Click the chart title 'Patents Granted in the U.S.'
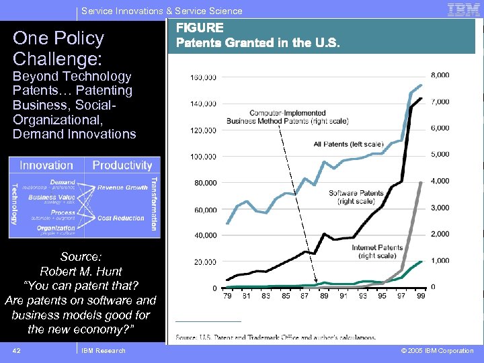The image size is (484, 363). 257,42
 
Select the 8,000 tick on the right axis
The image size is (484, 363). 440,75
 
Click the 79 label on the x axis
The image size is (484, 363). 229,295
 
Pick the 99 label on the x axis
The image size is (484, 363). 421,295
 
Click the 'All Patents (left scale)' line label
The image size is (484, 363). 348,144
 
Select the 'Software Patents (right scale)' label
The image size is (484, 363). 356,197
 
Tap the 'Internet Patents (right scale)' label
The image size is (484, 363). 377,251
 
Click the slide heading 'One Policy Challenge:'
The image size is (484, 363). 58,47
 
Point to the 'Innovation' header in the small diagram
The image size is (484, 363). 46,165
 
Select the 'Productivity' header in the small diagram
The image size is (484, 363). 122,165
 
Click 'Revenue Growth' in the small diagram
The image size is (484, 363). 122,188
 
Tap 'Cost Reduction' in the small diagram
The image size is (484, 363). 121,218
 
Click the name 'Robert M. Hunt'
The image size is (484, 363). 81,272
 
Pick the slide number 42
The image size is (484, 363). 17,350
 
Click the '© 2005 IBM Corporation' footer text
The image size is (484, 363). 437,350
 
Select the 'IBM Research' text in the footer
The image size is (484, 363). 103,350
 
